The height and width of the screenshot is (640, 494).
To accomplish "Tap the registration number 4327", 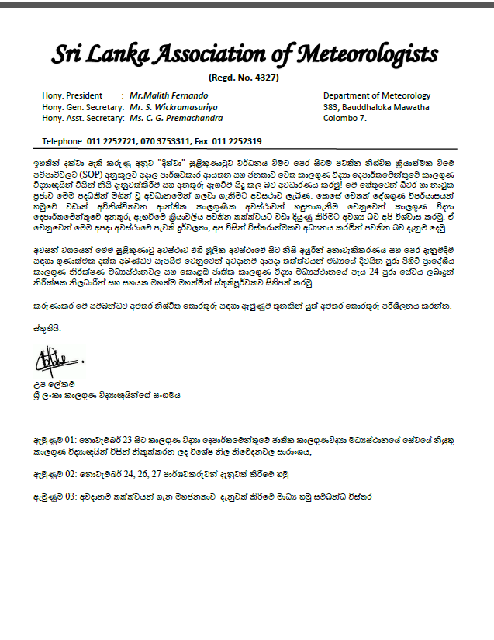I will [263, 78].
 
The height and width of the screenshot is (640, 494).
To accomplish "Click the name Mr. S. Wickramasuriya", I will [173, 107].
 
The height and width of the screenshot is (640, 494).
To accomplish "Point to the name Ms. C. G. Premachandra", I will [176, 118].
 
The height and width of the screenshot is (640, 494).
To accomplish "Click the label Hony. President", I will [72, 95].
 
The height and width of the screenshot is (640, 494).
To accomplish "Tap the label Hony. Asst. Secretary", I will [84, 118].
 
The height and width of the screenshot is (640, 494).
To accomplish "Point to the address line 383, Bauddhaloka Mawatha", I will [376, 107].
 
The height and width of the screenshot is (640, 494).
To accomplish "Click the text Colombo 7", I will [345, 118].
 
